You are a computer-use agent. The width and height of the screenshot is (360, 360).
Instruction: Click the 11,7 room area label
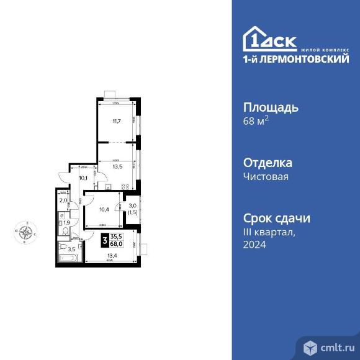(x=115, y=121)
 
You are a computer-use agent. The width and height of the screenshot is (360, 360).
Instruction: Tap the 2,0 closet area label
(x=63, y=200)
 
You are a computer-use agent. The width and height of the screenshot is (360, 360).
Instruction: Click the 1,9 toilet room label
(x=66, y=222)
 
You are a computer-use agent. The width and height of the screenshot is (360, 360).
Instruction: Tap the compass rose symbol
(x=26, y=234)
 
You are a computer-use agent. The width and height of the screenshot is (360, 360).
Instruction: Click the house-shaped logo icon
(x=256, y=38)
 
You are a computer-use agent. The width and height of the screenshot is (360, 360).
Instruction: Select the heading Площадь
(x=270, y=107)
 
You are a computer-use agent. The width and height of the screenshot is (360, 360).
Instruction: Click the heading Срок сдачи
(x=276, y=218)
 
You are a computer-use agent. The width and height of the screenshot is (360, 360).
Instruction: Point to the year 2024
(x=254, y=245)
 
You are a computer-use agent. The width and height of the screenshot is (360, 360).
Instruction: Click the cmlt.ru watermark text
(x=336, y=346)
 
